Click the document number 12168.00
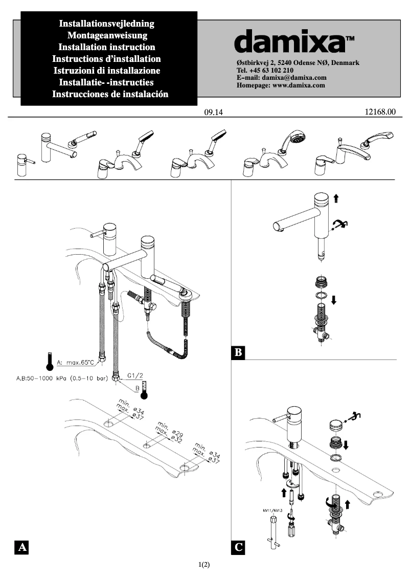(x=381, y=111)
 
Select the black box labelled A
(x=21, y=547)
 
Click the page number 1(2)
(x=204, y=565)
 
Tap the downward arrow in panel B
(x=334, y=300)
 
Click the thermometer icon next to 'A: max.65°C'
(x=50, y=361)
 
